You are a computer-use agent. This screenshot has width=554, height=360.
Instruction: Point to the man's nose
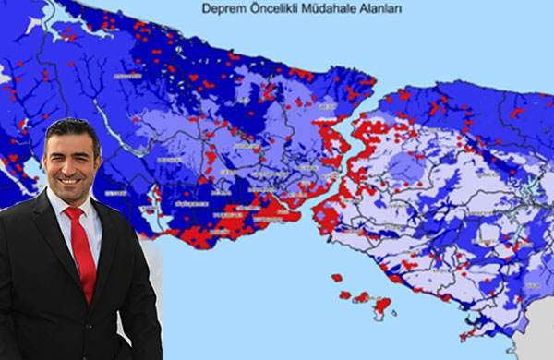(x=67, y=162)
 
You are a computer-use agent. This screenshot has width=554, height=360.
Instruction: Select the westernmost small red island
(x=336, y=277)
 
